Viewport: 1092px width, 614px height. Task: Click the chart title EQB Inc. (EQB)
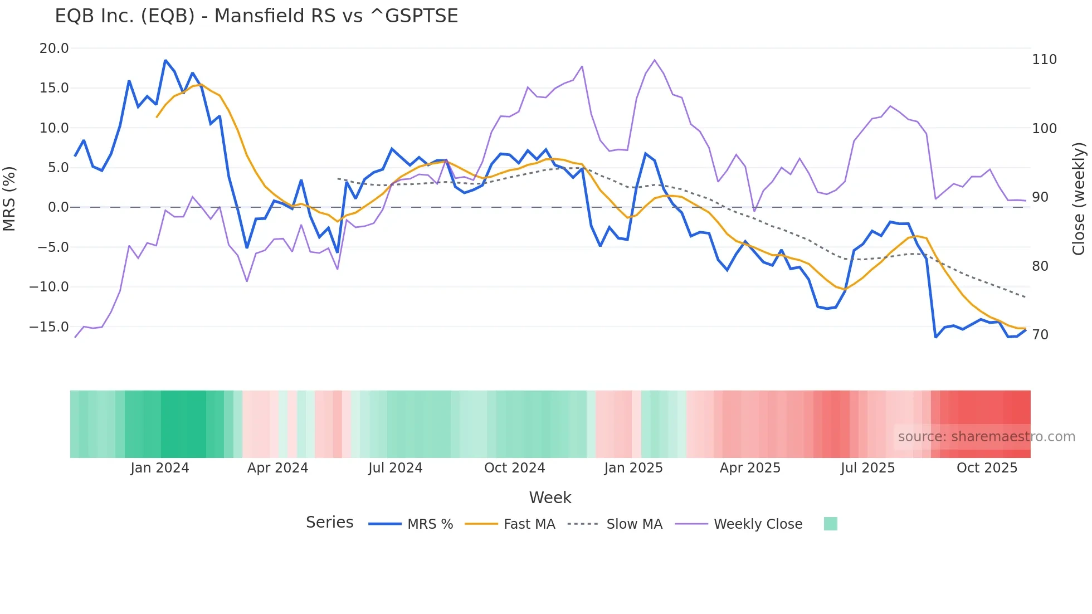click(256, 16)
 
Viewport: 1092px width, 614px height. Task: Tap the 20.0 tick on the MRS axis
click(54, 48)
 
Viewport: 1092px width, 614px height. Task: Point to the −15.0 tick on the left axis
click(49, 327)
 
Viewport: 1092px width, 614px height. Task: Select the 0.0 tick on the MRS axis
click(58, 207)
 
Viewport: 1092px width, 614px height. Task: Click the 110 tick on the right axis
click(1044, 60)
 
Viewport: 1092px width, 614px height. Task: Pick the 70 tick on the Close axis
click(1040, 335)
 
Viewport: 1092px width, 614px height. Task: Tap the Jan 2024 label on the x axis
click(160, 468)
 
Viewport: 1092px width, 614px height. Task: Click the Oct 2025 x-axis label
click(987, 468)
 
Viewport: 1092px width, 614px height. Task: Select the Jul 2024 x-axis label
click(395, 468)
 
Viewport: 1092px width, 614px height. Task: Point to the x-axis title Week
click(550, 498)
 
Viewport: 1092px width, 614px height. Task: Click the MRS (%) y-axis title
click(9, 199)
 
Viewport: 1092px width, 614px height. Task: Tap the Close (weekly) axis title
click(1079, 199)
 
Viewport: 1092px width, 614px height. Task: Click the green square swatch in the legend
click(830, 524)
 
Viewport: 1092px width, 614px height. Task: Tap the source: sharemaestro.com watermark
click(986, 437)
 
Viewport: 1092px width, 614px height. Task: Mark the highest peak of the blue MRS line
click(165, 60)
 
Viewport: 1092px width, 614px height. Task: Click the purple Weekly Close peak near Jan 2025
click(655, 60)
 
